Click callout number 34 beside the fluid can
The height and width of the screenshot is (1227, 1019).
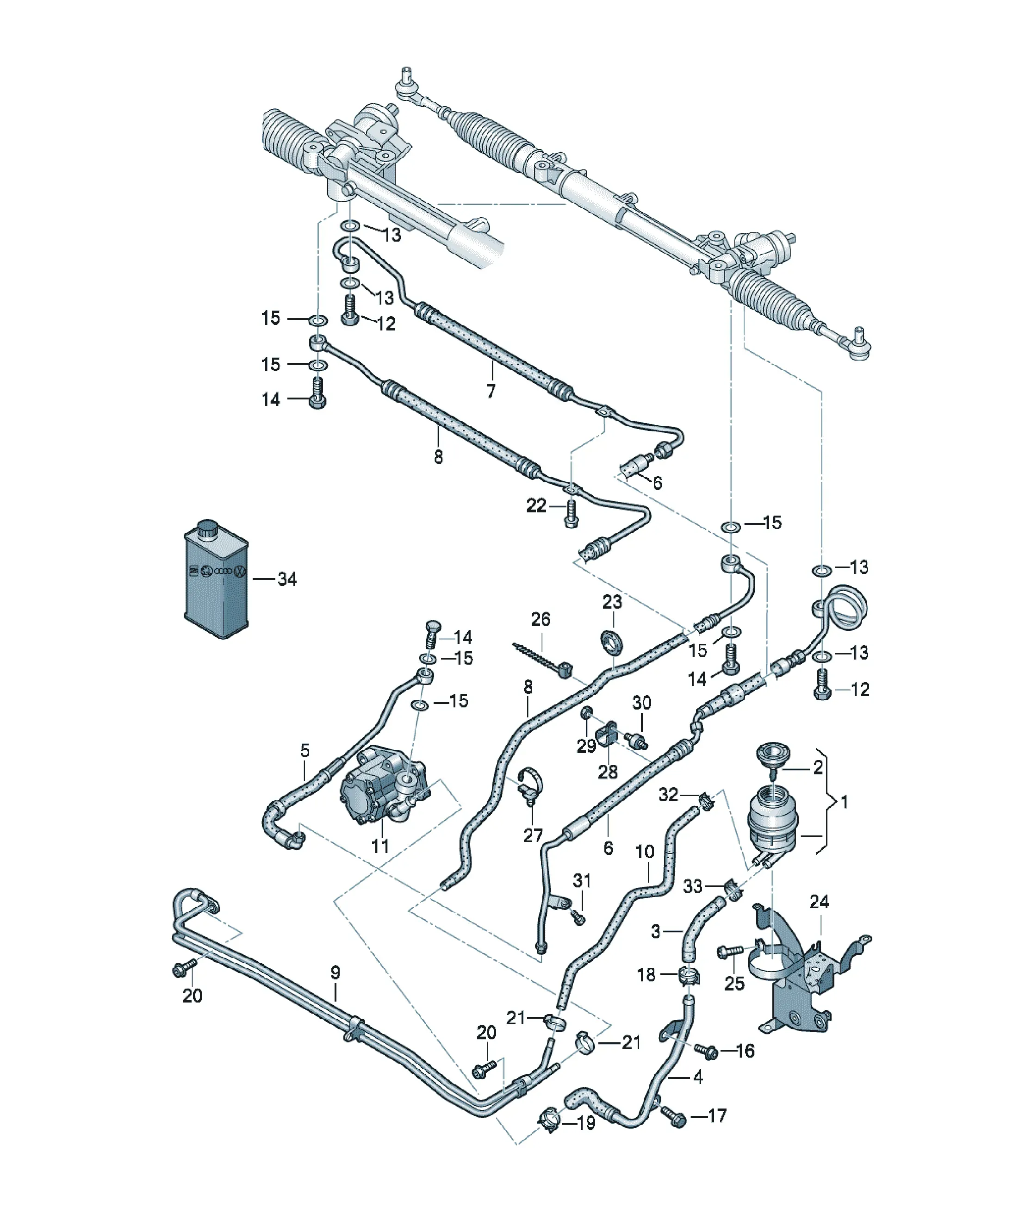click(x=287, y=579)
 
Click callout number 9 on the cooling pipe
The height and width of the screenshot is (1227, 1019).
click(x=336, y=973)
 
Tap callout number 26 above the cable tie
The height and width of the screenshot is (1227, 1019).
click(x=541, y=619)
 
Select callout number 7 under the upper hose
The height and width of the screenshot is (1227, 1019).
click(x=491, y=391)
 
